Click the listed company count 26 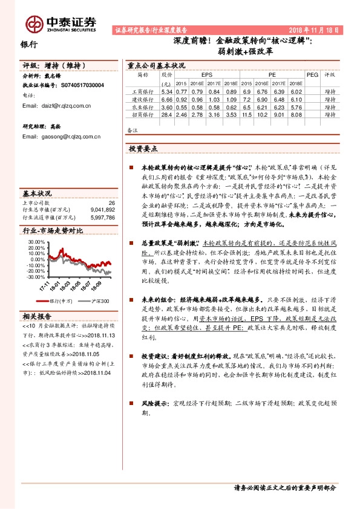(111, 203)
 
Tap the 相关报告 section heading (37, 316)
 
